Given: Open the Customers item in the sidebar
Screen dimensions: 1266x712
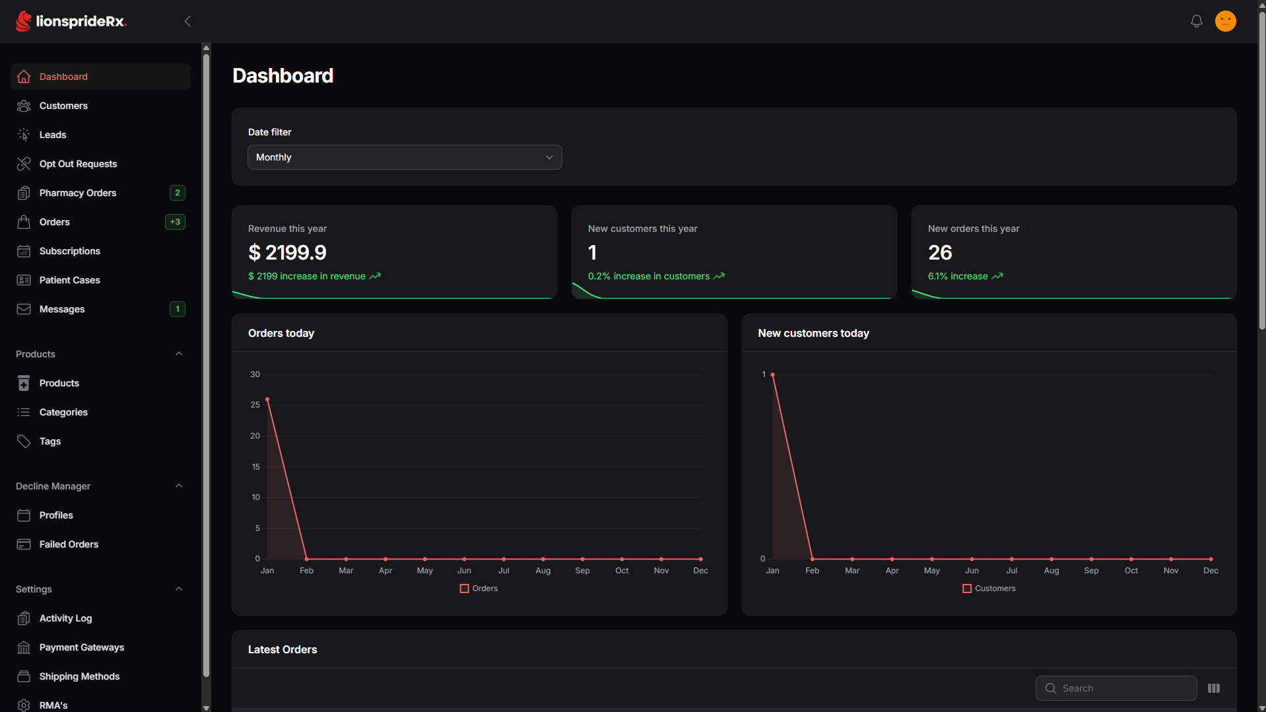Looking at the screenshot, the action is [63, 106].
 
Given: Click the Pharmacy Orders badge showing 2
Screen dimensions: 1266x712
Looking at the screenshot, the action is [177, 193].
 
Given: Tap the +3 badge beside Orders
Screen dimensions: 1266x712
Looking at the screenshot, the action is [175, 222].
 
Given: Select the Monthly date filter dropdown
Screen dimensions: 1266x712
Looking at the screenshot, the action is [405, 157].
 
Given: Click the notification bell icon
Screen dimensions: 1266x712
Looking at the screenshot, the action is [1196, 21].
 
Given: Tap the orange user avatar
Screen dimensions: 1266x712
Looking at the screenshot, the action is [1225, 21].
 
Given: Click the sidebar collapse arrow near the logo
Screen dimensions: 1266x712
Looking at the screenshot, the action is [187, 21].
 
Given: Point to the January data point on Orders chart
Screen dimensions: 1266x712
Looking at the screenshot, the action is [267, 400].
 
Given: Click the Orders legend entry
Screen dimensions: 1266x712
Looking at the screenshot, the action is [479, 588].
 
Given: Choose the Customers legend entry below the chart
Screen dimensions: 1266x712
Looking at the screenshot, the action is [989, 588].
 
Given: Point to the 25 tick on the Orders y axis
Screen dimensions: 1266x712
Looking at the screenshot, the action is [255, 405].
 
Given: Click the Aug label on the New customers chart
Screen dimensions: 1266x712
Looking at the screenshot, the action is [1051, 571].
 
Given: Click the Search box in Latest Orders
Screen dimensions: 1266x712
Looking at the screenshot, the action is [1116, 688].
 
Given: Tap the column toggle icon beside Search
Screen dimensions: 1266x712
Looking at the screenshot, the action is [1214, 688].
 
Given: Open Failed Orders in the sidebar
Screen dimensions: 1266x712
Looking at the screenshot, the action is [69, 544].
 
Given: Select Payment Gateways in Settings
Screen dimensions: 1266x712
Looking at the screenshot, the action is [81, 647].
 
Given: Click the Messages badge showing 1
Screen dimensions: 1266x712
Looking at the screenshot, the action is [177, 309].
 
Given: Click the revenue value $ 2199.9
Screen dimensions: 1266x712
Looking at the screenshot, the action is [287, 252].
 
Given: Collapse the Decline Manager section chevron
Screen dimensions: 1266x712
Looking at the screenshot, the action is [179, 486].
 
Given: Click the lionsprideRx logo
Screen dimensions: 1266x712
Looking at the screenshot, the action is [71, 21].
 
